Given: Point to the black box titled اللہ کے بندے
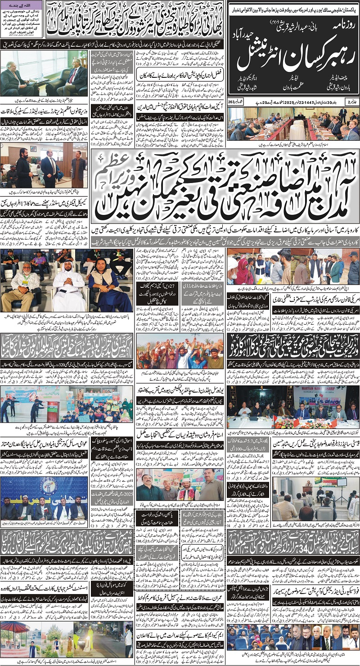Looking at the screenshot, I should point(22,22).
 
